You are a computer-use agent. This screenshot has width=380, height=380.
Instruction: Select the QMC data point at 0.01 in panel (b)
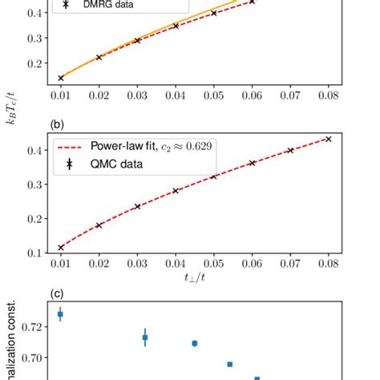coord(61,248)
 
